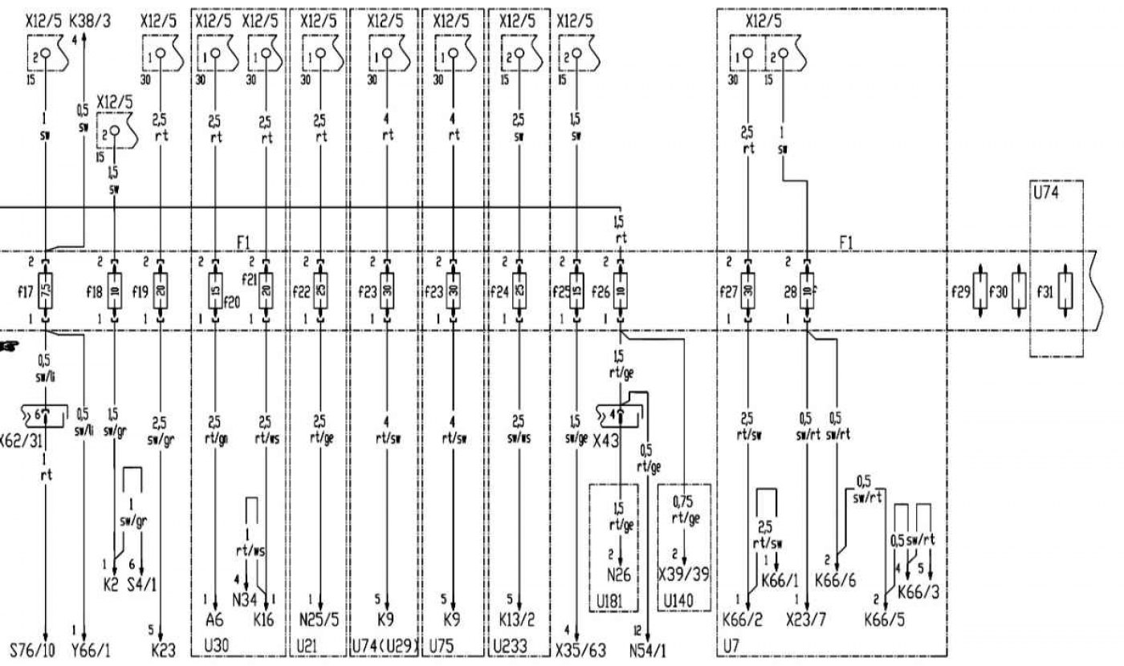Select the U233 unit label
(509, 647)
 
